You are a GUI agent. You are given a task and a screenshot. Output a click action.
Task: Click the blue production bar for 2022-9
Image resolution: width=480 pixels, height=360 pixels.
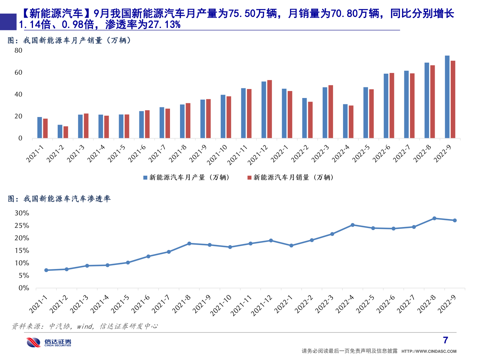coord(447,97)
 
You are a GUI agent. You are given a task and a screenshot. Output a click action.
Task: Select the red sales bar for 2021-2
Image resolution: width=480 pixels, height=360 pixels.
coord(66,132)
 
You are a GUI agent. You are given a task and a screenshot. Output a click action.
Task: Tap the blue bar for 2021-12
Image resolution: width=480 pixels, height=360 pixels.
coord(264,110)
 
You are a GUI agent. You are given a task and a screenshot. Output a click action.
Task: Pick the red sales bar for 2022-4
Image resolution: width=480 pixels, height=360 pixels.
coord(351,122)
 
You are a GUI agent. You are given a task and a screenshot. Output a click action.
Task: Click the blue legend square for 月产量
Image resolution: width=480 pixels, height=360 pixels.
coord(145,178)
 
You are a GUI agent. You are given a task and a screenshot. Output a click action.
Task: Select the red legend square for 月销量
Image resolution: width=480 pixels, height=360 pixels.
coord(249,178)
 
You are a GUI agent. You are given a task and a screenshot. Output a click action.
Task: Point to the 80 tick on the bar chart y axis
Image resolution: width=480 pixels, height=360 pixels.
coord(18,51)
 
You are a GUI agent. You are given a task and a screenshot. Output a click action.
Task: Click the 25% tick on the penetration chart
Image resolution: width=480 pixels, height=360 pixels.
coord(22,226)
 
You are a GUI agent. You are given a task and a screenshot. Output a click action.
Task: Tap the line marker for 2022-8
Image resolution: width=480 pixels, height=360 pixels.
coord(434,218)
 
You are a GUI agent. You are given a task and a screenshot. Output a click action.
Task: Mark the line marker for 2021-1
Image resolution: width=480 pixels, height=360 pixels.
coord(46,270)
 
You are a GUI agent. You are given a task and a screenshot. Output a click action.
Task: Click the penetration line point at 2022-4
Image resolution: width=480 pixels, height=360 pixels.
coord(353,225)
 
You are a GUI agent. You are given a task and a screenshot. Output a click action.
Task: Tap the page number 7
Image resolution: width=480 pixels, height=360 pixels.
coord(445,340)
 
